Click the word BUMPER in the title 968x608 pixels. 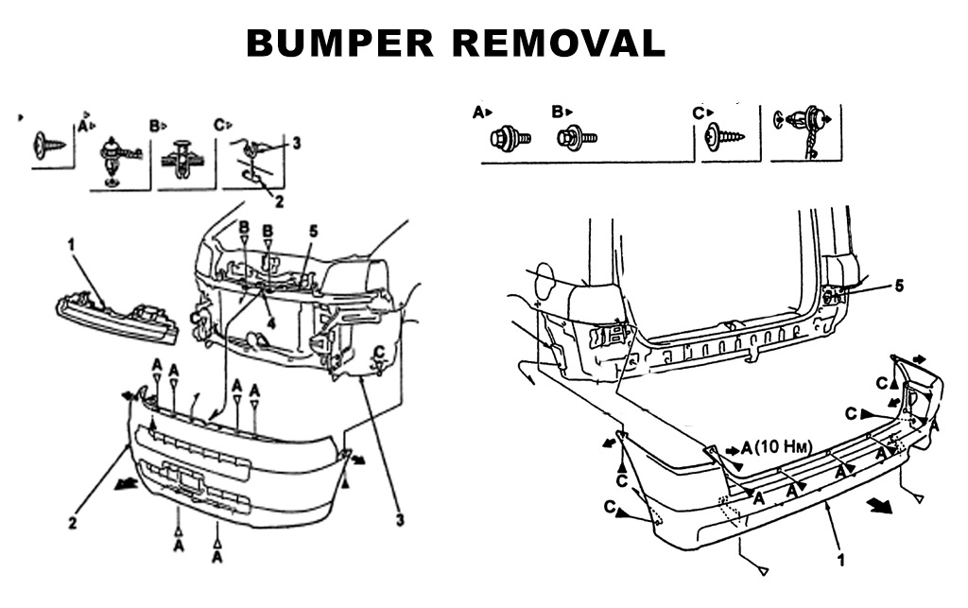coord(327,43)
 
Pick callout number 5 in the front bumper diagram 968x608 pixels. coord(313,230)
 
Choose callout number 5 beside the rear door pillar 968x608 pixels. coord(899,284)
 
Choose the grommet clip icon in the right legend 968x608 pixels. coord(804,129)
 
